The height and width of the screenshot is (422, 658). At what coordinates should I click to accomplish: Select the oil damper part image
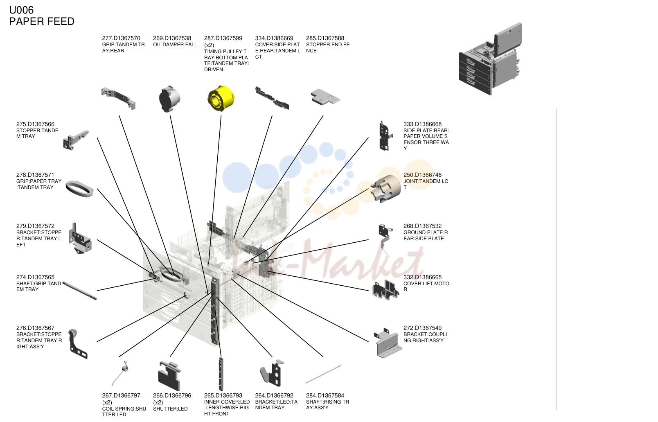coord(169,99)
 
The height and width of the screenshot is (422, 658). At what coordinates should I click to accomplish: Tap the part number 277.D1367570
coord(121,38)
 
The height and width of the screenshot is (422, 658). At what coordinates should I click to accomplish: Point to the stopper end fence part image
coord(325,97)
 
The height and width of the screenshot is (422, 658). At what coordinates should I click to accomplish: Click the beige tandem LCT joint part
coord(386,188)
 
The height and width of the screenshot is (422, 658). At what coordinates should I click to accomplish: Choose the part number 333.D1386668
coord(422,124)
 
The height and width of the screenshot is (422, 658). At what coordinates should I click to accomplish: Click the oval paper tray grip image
coord(79,189)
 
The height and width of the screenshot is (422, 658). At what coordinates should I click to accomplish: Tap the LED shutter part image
coord(169,376)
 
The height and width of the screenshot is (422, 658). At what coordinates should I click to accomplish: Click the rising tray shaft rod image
coord(323,374)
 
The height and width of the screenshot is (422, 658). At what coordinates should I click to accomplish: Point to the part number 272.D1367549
coord(422,328)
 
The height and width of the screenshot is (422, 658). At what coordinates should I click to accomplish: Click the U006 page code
coord(21,10)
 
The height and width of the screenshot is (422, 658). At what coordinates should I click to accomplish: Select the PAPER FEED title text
coord(42,21)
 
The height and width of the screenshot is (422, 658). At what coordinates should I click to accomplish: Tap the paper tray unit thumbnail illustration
coord(490,59)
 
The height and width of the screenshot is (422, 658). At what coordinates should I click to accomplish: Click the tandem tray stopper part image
coord(76,140)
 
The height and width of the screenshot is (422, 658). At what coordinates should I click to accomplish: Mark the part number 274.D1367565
coord(35,277)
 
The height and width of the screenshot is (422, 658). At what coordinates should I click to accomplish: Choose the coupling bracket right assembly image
coord(388,343)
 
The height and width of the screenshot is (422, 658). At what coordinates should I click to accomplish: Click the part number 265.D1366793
coord(223,395)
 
